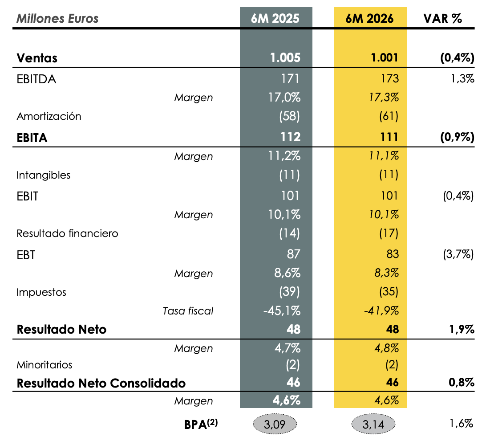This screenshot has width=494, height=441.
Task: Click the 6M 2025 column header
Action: [x=275, y=18]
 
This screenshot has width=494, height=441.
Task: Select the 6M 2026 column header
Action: [x=369, y=18]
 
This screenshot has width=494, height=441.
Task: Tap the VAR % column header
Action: [x=443, y=18]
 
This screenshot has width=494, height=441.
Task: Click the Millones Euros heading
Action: [x=57, y=19]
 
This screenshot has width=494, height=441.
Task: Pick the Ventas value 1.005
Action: [x=285, y=58]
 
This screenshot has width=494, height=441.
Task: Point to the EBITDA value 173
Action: [x=390, y=78]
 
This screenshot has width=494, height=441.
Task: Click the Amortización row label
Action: [x=49, y=116]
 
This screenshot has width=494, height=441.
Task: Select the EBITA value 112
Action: [x=291, y=137]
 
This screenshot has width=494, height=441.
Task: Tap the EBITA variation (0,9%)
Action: [x=457, y=137]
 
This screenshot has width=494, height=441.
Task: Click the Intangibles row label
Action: [x=44, y=175]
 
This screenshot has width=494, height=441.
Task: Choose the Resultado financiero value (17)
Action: [x=389, y=233]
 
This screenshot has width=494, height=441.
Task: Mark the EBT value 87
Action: [x=293, y=254]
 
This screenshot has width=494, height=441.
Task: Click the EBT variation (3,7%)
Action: [x=458, y=254]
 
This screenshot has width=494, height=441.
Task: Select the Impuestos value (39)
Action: [x=290, y=291]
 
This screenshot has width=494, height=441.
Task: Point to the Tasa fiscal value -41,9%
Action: [x=381, y=311]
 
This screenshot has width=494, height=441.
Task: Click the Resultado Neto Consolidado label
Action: [x=101, y=383]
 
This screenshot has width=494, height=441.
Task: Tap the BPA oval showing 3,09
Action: [x=275, y=424]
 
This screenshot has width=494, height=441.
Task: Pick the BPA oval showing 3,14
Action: [x=373, y=424]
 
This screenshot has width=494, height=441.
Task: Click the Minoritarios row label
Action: [x=45, y=365]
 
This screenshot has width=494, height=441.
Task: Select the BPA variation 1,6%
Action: [x=461, y=423]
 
